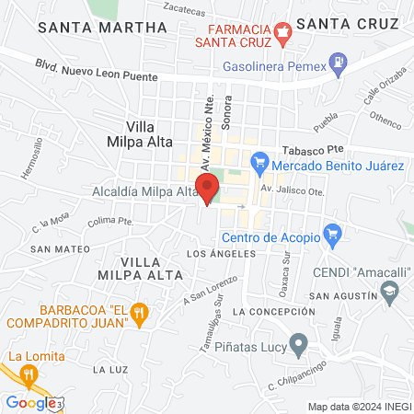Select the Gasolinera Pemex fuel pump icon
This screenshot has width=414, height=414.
[x=340, y=63]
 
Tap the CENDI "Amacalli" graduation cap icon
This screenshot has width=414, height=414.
[x=390, y=293]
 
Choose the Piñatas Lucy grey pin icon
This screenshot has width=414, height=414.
[x=298, y=345]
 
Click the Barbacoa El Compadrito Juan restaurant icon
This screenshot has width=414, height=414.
[x=140, y=313]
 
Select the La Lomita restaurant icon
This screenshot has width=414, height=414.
[x=29, y=374]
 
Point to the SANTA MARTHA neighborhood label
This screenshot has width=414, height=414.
[x=102, y=28]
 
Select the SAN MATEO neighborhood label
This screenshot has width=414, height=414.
[x=60, y=248]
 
